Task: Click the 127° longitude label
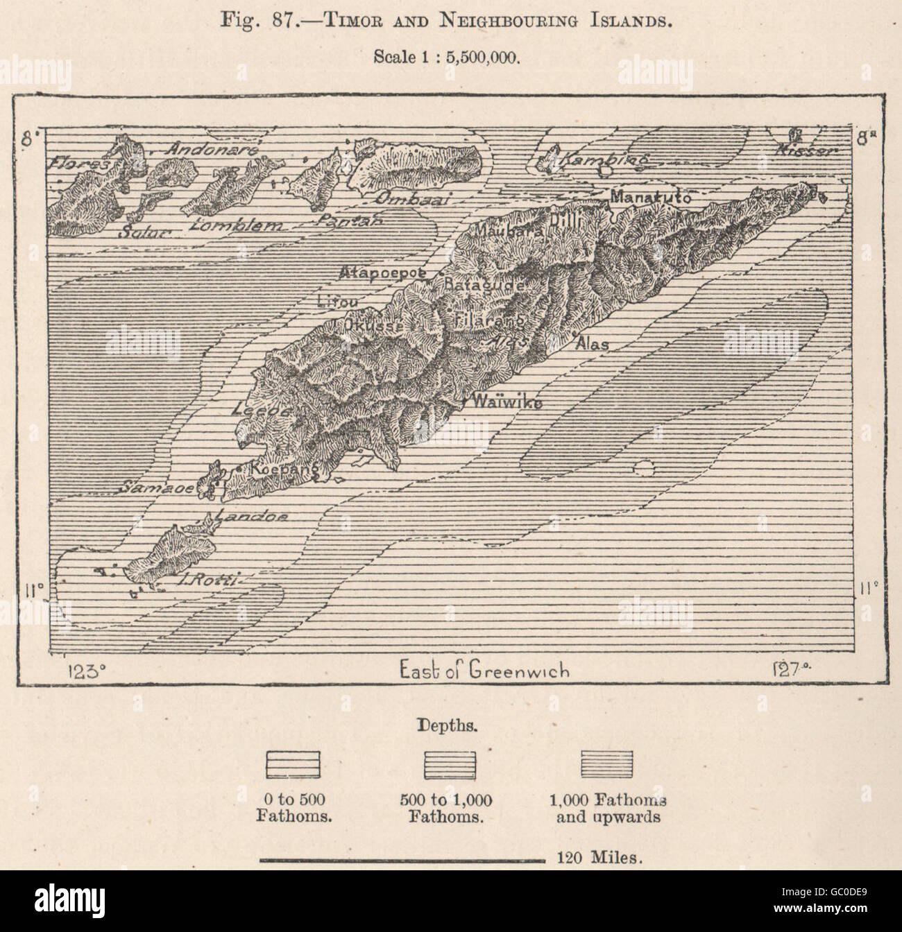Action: (790, 671)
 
